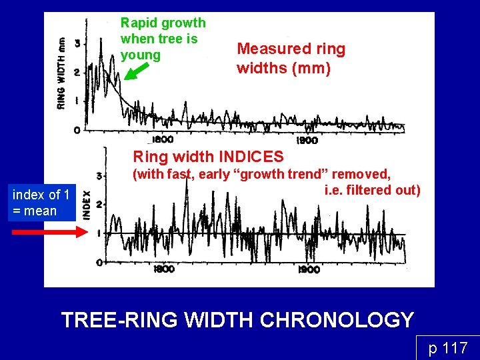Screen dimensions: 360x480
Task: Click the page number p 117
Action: (x=447, y=347)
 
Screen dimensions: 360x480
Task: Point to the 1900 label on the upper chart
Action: (x=307, y=140)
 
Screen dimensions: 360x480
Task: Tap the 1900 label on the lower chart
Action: (x=309, y=269)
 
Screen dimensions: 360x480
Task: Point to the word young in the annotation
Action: (x=141, y=55)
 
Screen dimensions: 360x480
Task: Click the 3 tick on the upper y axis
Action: (x=77, y=43)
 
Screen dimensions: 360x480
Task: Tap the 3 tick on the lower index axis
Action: (x=99, y=176)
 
